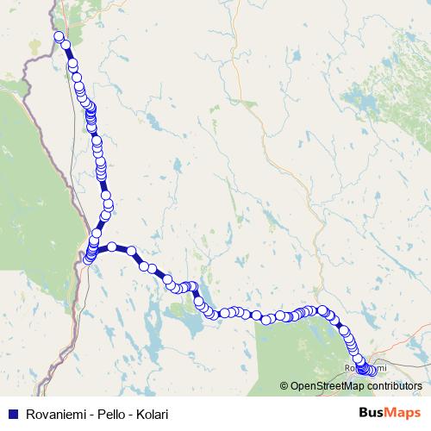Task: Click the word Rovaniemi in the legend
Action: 54,414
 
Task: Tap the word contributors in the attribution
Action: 392,385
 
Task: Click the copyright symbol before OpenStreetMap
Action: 284,385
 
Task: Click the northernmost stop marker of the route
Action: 59,36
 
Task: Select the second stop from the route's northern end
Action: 65,45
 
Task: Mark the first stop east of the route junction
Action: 112,247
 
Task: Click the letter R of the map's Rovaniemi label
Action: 347,367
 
